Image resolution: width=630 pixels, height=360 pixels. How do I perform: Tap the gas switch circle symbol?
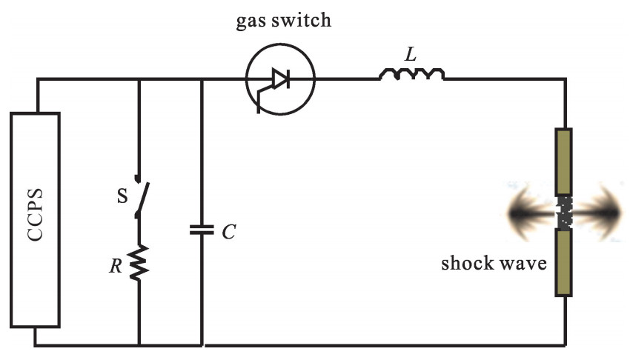click(280, 78)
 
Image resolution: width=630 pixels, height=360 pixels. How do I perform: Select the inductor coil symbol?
click(412, 74)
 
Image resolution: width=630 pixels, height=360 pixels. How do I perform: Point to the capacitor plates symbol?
click(202, 230)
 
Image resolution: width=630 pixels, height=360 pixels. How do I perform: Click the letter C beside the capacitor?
click(229, 232)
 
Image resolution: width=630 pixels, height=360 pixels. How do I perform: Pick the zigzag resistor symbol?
click(139, 262)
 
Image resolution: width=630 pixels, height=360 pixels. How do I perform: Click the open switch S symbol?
click(139, 197)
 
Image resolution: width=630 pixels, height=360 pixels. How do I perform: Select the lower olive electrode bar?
click(565, 263)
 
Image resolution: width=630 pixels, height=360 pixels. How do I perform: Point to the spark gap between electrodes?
click(565, 213)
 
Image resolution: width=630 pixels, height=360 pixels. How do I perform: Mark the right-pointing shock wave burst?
click(599, 213)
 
